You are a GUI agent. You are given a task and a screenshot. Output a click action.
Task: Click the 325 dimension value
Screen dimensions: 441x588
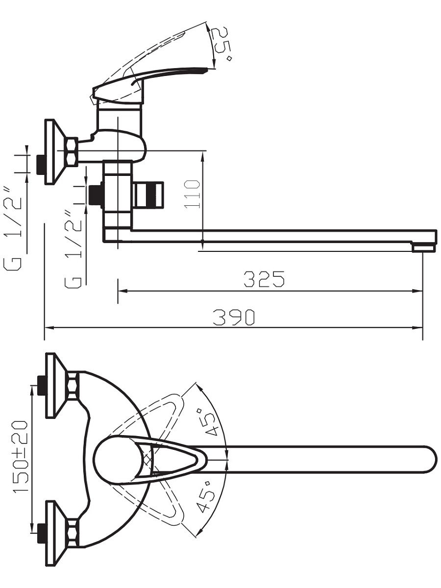click(264, 279)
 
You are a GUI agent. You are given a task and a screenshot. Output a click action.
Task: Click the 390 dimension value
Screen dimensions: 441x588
click(234, 318)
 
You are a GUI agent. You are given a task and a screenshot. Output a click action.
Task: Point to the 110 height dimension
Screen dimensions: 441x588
click(192, 195)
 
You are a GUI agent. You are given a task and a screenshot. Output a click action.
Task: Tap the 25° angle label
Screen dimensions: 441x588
click(221, 44)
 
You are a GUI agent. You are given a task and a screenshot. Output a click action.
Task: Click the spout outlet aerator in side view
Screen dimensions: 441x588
click(423, 247)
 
